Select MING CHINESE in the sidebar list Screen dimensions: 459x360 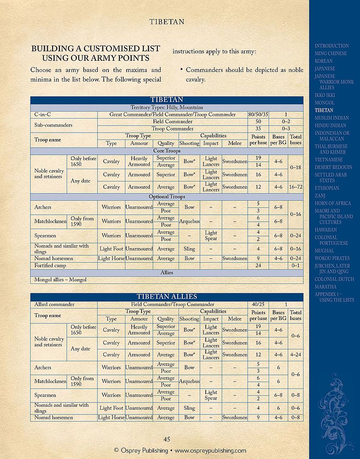330,54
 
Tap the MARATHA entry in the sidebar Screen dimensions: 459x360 325,287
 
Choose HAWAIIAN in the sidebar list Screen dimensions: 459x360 326,230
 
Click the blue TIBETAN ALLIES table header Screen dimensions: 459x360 167,297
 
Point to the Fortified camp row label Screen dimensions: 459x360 50,266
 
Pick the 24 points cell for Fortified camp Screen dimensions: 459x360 258,266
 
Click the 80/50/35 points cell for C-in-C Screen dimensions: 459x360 258,115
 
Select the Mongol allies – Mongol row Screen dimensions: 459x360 60,280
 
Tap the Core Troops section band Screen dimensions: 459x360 167,151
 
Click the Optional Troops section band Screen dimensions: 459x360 167,197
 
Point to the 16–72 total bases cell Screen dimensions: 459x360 296,187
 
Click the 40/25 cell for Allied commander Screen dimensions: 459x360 258,305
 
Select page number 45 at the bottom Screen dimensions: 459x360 167,439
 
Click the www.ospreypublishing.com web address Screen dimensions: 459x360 210,450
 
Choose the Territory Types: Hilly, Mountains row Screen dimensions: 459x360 167,108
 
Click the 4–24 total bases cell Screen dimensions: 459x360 296,354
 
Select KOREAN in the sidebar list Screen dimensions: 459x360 323,61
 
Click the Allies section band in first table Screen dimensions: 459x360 167,272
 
